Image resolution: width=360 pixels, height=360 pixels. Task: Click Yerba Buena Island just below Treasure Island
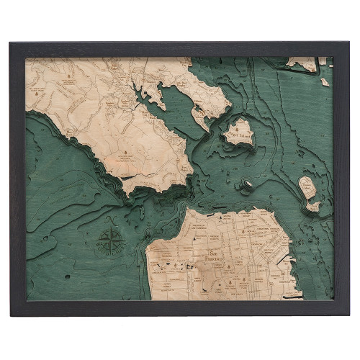[313, 207]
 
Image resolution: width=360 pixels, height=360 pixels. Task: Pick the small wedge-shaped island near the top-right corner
[325, 81]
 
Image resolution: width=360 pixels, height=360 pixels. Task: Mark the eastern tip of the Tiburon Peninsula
[229, 108]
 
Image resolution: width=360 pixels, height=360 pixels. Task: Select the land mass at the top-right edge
[303, 63]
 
